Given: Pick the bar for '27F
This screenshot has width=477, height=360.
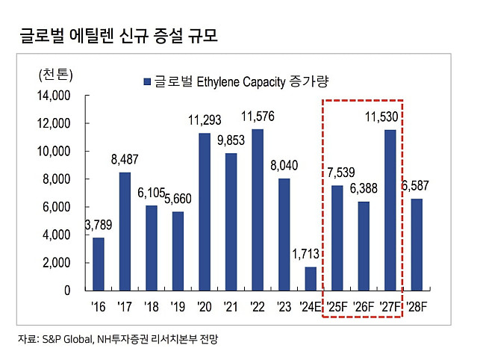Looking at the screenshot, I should click(390, 210).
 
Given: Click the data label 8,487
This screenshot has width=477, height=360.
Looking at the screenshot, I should click(125, 158).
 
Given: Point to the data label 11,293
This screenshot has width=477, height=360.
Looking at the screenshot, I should click(203, 120).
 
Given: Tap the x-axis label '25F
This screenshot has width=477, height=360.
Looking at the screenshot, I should click(337, 306).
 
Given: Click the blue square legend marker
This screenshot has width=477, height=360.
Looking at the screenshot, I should click(146, 80).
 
